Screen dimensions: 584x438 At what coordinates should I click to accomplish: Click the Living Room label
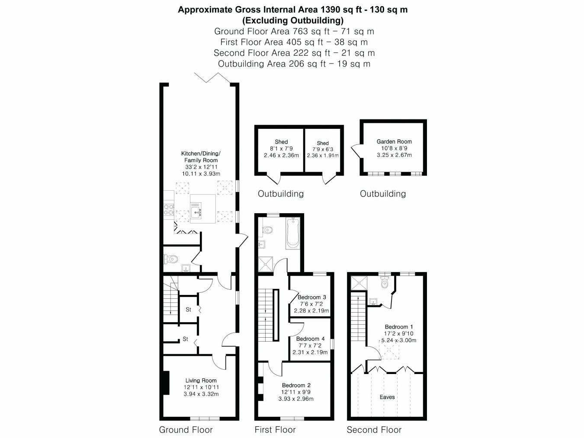(x=201, y=380)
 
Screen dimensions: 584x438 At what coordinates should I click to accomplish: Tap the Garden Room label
(x=394, y=141)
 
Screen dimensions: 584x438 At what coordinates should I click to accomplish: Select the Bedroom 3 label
(x=311, y=297)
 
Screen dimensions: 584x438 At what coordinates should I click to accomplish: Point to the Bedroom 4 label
(x=310, y=339)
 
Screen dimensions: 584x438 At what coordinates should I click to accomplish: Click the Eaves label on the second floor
(x=387, y=397)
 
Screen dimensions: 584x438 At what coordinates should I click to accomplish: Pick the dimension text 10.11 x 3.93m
(x=201, y=174)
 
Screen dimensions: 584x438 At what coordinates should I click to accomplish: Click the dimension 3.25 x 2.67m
(x=394, y=155)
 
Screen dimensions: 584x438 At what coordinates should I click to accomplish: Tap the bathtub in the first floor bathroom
(x=293, y=233)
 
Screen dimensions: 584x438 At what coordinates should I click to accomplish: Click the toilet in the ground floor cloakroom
(x=171, y=259)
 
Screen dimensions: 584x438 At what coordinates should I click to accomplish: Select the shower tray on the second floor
(x=359, y=283)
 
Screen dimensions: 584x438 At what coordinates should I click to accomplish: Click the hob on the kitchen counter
(x=169, y=209)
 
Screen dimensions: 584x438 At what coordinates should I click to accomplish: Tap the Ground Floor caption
(x=186, y=430)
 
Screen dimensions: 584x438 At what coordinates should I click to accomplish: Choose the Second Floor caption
(x=374, y=430)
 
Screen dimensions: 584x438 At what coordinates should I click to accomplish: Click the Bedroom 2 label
(x=296, y=385)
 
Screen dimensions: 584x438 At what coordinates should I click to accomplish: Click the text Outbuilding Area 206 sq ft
(x=272, y=64)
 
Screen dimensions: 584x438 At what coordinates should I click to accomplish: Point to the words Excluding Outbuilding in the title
(x=293, y=20)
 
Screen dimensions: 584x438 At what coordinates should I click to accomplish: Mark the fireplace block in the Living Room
(x=166, y=383)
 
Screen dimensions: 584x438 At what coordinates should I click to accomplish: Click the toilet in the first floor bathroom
(x=268, y=230)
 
